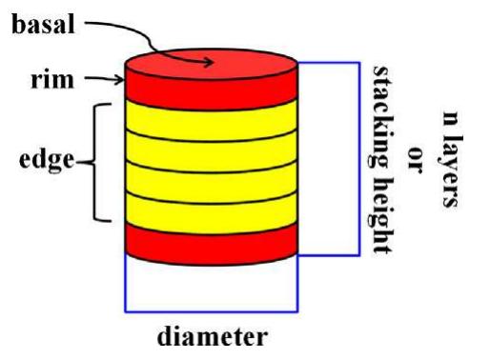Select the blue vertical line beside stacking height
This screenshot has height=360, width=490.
(358, 158)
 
